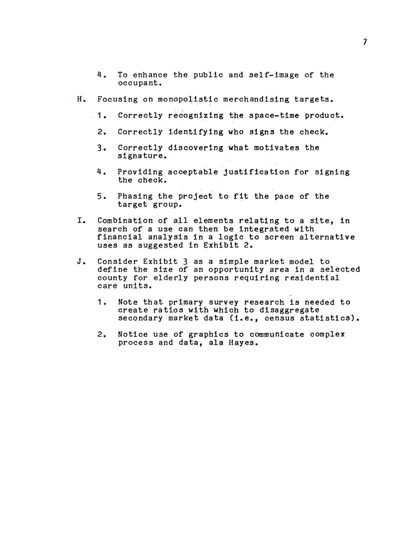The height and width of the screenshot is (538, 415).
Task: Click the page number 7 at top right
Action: [365, 42]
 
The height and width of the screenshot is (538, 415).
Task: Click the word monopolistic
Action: [188, 99]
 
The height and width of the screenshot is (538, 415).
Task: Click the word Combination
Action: [125, 221]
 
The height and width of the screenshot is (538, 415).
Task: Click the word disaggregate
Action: [289, 310]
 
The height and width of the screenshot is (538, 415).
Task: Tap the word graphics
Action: [208, 335]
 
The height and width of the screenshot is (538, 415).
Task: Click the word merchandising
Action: [256, 99]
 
